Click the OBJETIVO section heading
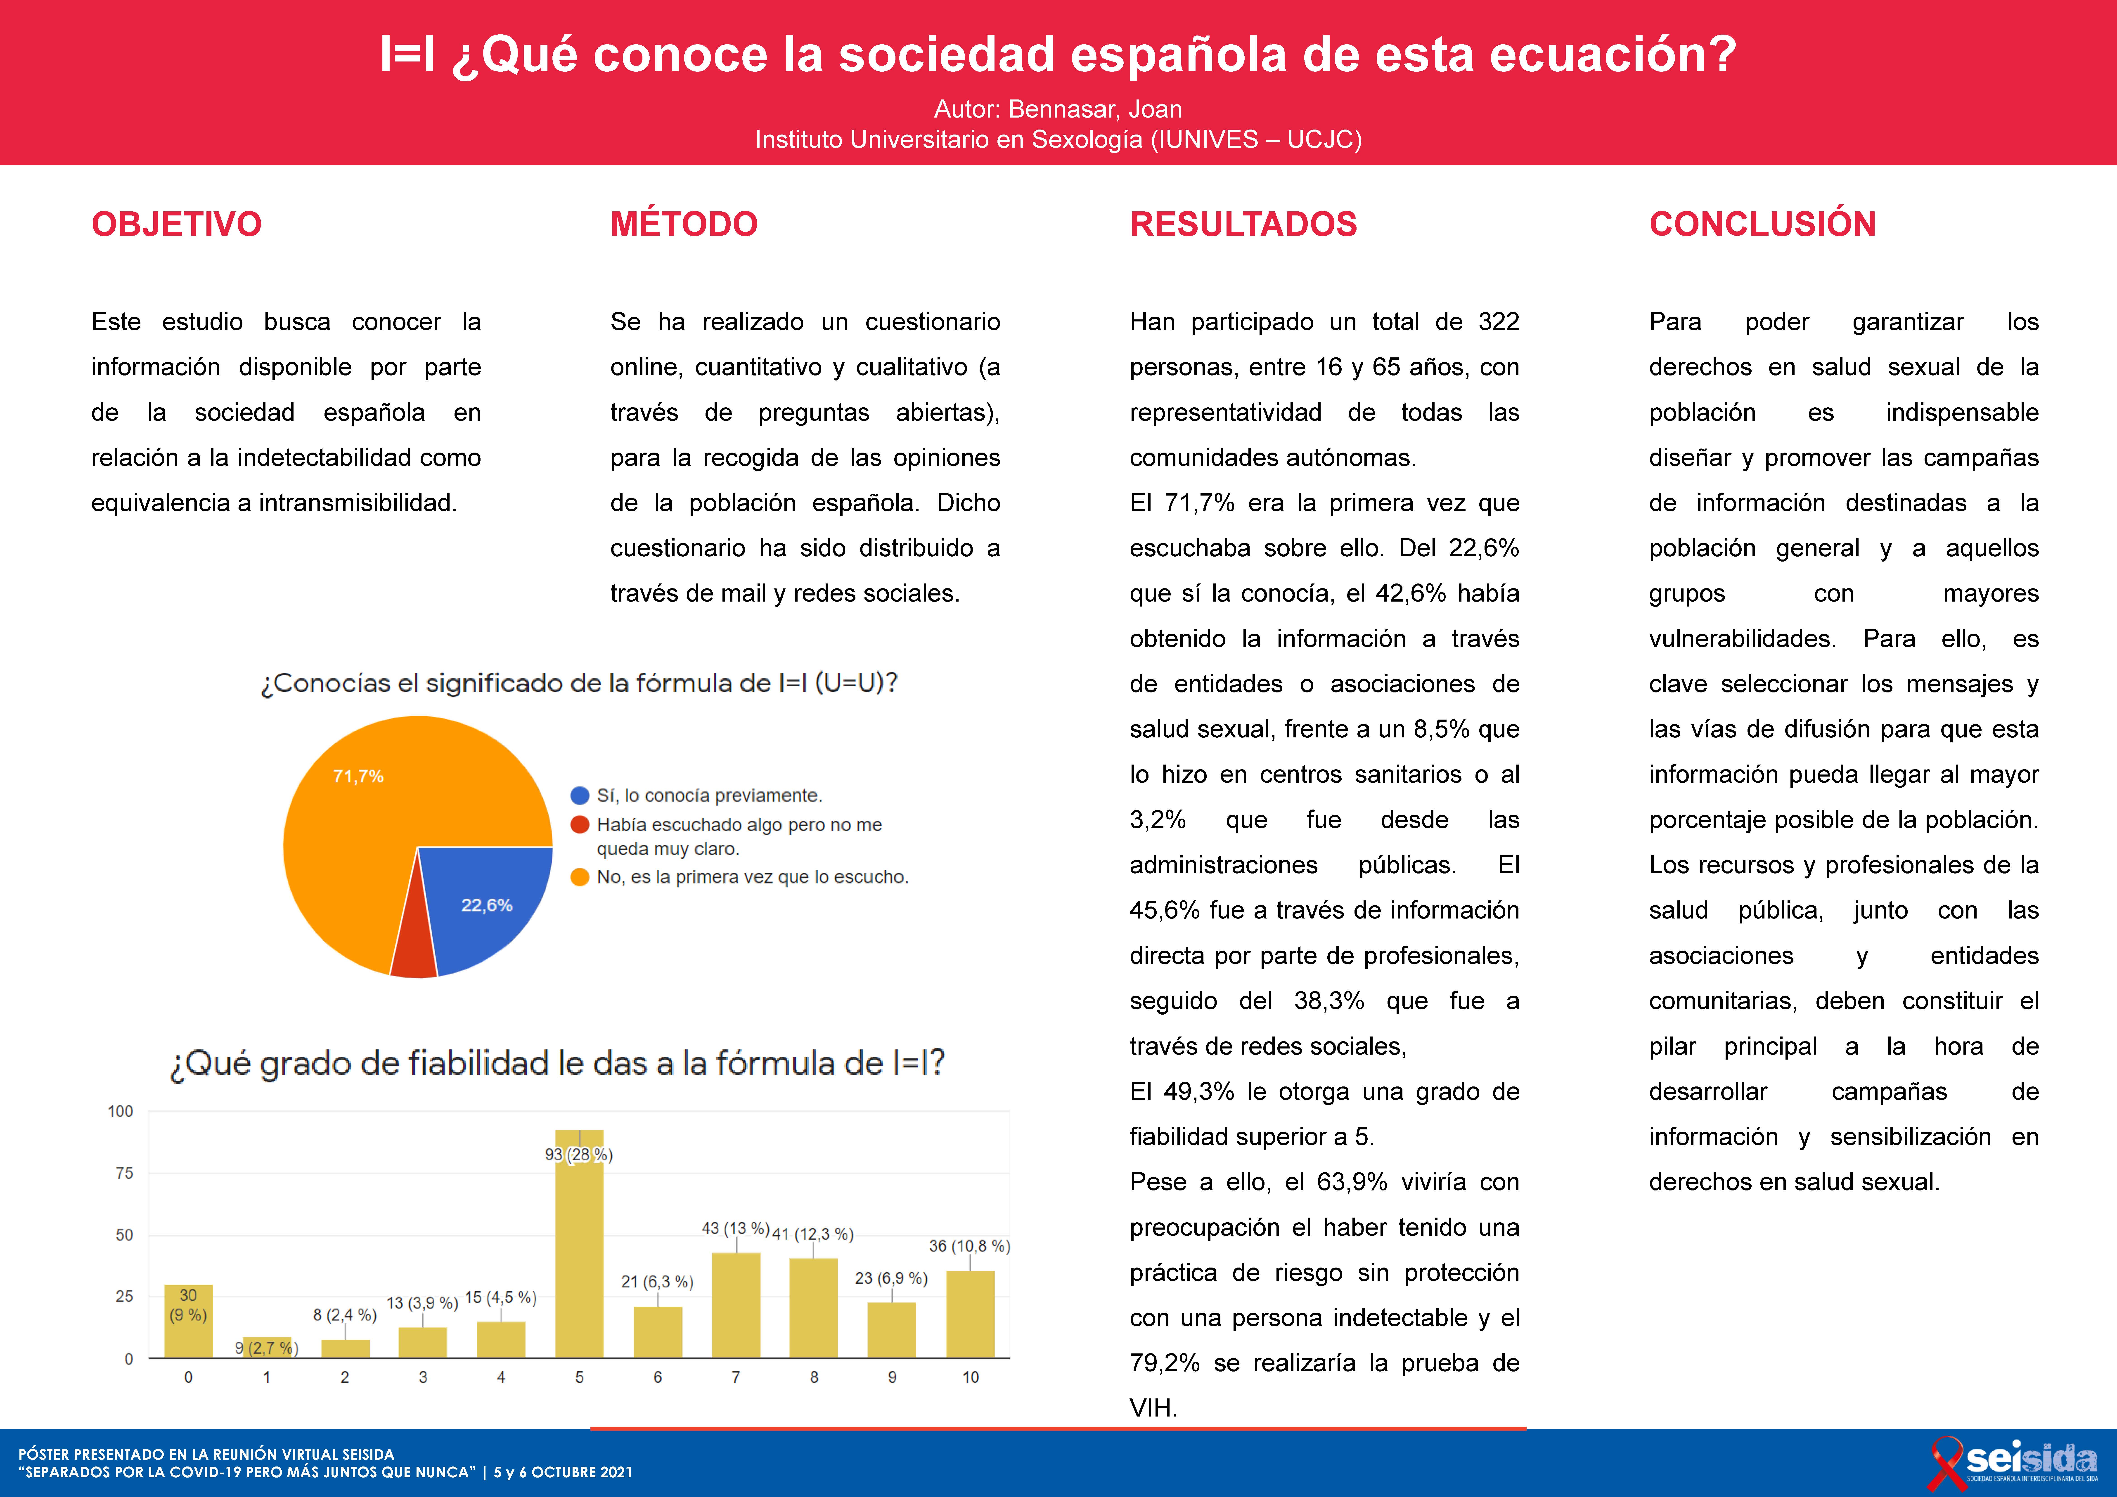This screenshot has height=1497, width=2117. point(176,224)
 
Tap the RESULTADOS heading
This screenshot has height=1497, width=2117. point(1243,224)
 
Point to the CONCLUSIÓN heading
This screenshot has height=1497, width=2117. point(1762,224)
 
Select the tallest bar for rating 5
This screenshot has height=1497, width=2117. point(579,1244)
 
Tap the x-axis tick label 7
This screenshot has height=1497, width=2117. point(736,1377)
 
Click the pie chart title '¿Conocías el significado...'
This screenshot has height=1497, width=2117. point(579,683)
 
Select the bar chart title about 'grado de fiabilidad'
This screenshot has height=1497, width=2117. point(557,1063)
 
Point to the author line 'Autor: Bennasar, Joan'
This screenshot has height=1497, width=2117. point(1058,109)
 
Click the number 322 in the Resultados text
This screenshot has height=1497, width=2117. point(1498,322)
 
